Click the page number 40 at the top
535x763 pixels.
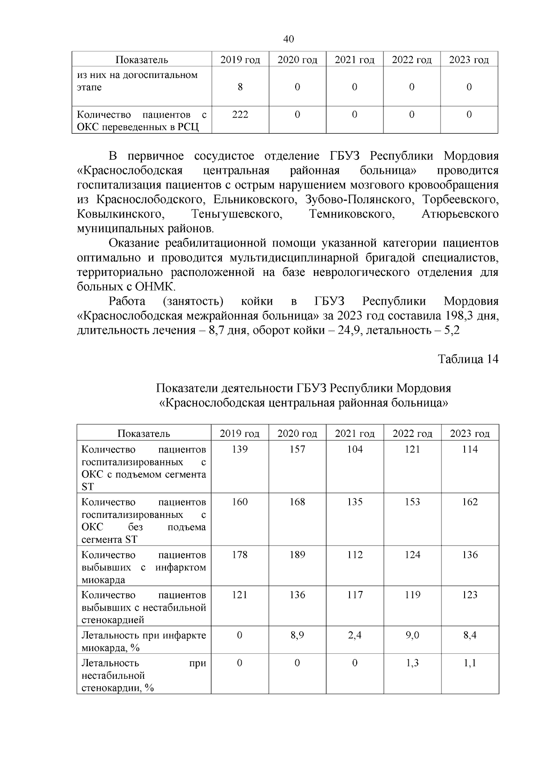point(288,39)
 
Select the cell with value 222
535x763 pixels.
point(240,115)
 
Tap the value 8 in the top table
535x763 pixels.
point(240,87)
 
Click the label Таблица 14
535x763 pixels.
point(468,359)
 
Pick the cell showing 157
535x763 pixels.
point(297,449)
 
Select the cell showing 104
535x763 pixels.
point(354,449)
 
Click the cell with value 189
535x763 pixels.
point(297,555)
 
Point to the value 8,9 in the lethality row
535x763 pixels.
point(297,635)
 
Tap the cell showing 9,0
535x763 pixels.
point(412,635)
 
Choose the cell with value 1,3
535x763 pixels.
point(412,663)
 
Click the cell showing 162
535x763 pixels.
point(469,502)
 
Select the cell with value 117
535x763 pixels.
point(354,595)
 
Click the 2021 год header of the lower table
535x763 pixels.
point(354,433)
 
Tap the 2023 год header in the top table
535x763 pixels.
point(469,60)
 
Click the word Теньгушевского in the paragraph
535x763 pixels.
point(237,214)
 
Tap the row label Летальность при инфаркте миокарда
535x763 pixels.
point(144,641)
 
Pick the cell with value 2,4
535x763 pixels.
point(354,635)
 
